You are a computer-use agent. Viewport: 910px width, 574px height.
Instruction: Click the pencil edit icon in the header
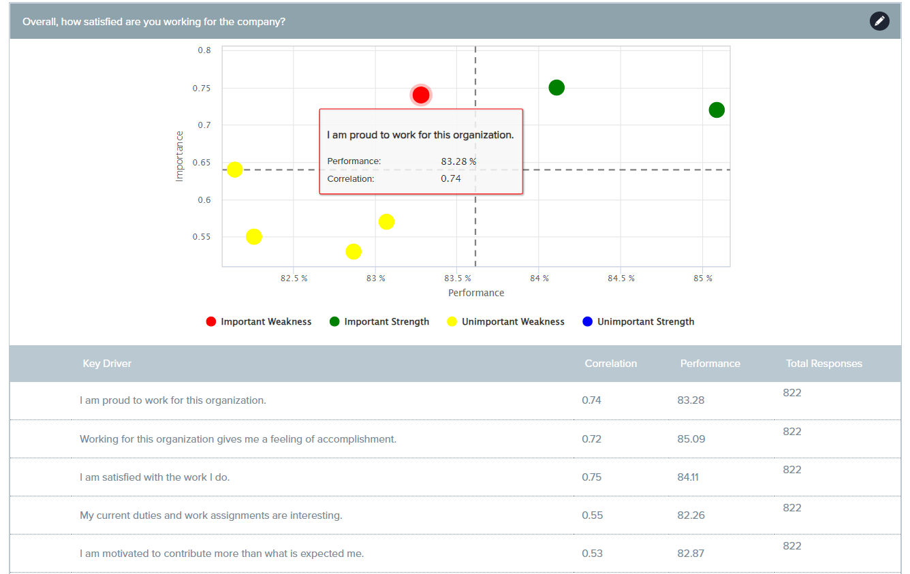click(879, 21)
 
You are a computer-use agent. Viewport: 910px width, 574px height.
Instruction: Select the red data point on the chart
click(421, 95)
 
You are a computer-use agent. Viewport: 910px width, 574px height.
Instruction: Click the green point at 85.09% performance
click(717, 110)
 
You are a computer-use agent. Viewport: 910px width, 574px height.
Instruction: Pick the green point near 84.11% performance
click(556, 88)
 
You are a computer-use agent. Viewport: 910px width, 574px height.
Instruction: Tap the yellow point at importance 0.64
click(235, 170)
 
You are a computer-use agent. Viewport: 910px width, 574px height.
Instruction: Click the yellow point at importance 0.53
click(354, 252)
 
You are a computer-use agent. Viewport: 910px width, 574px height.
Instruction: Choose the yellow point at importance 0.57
click(387, 222)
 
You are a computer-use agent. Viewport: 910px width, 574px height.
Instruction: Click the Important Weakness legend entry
click(259, 322)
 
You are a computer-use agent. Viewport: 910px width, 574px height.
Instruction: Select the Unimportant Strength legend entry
click(638, 322)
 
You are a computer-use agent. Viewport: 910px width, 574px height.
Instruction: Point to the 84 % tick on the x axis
click(539, 278)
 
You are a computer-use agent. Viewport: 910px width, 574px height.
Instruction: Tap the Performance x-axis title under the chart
click(476, 293)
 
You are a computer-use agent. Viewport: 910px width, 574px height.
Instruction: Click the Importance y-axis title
click(180, 156)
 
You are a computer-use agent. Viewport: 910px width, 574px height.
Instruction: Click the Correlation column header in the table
click(610, 364)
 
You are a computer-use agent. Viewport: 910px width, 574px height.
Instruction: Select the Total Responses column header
click(823, 364)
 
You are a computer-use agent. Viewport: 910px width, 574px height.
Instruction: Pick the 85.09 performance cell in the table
click(691, 439)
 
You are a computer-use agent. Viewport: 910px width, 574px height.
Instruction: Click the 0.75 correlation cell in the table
click(592, 477)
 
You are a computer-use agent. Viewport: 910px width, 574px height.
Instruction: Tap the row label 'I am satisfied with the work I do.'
click(155, 477)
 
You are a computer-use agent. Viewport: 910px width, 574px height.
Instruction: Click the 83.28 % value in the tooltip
click(458, 161)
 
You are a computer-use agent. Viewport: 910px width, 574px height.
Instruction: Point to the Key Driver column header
click(107, 364)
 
